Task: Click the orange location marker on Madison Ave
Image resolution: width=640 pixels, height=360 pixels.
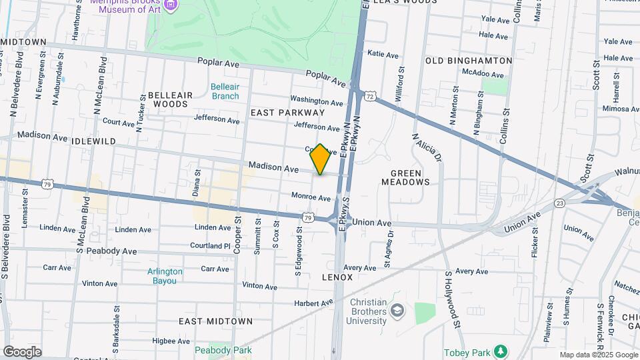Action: [x=320, y=159]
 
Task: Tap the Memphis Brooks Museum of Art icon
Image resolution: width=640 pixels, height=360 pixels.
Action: [x=171, y=5]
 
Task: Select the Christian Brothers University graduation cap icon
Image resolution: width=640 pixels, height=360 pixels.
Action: [x=397, y=311]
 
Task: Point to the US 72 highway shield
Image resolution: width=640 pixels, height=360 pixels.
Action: [x=369, y=97]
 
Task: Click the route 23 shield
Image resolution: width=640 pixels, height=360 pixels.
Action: [x=559, y=203]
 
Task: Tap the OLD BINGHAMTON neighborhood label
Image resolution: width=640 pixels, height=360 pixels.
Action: [x=469, y=61]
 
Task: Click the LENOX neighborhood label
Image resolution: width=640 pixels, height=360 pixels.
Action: [x=337, y=276]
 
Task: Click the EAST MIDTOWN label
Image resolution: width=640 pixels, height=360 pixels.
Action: [x=215, y=321]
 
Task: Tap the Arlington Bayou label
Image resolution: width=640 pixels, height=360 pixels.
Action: [x=165, y=276]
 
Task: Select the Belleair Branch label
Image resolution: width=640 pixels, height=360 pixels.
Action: [x=225, y=91]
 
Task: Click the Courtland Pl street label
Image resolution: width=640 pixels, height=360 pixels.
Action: [x=210, y=245]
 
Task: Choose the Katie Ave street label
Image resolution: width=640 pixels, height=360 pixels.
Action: [x=383, y=54]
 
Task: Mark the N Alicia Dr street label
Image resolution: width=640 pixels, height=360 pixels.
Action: [x=427, y=149]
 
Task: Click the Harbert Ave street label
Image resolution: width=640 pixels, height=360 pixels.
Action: [x=315, y=303]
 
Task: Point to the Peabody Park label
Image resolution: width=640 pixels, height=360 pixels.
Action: [x=223, y=350]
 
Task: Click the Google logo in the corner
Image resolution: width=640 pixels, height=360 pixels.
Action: [x=22, y=352]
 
